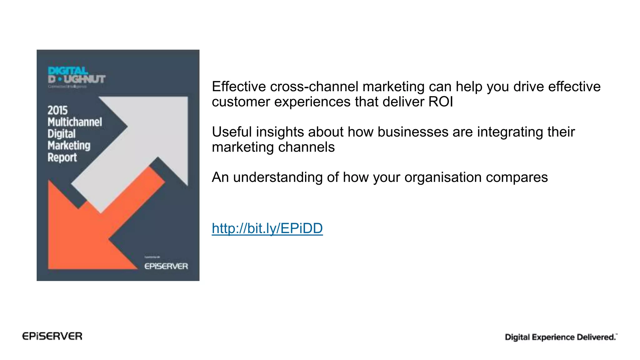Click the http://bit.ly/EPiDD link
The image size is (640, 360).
[x=267, y=228]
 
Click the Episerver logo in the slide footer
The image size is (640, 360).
[x=52, y=336]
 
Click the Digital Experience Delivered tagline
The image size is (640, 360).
[x=561, y=337]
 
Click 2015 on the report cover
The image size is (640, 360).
[x=57, y=110]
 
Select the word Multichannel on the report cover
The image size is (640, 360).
[x=75, y=122]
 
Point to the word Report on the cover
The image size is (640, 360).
[x=62, y=157]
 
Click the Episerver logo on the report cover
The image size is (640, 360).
[x=166, y=266]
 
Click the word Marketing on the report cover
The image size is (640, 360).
[x=69, y=146]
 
